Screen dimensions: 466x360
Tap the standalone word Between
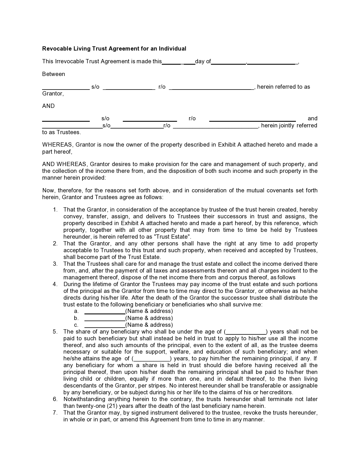tap(53, 74)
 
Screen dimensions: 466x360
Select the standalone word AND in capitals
tap(48, 106)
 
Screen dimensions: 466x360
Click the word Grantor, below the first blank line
tap(53, 93)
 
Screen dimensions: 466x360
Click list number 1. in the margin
tap(55, 210)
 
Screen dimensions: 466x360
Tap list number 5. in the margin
tap(55, 332)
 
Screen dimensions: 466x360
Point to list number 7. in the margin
tap(55, 413)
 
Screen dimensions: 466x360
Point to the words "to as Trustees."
tap(61, 132)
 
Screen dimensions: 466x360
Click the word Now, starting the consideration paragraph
tap(49, 190)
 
